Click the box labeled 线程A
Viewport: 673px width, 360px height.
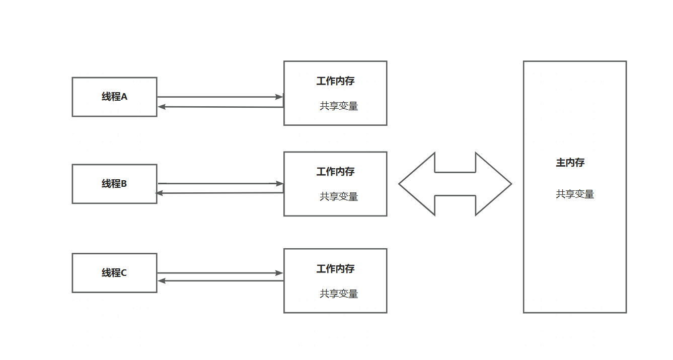click(114, 97)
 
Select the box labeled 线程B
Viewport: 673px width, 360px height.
click(114, 184)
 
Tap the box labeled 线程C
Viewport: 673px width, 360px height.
click(114, 273)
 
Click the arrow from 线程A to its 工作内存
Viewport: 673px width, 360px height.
click(220, 97)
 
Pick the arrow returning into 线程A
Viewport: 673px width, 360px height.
click(220, 107)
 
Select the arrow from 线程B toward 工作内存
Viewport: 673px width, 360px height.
click(220, 184)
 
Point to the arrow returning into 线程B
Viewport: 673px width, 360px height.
click(220, 193)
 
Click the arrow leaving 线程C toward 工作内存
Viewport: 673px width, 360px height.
click(220, 273)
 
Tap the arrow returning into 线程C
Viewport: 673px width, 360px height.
click(220, 281)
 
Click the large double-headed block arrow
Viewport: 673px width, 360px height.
click(455, 184)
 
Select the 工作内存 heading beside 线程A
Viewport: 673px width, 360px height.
click(335, 81)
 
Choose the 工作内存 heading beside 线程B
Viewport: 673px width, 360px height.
click(335, 172)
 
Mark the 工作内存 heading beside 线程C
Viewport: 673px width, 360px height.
click(335, 269)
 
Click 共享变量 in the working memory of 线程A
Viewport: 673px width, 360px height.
click(339, 106)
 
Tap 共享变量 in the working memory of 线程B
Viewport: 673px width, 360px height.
click(339, 197)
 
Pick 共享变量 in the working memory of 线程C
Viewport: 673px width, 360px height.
click(339, 294)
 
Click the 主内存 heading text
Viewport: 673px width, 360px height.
click(570, 163)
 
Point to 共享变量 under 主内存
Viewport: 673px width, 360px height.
click(575, 194)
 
